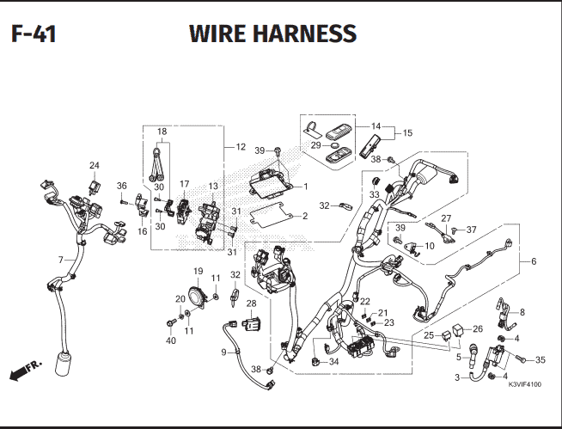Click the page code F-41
(x=34, y=34)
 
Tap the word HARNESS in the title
(x=305, y=34)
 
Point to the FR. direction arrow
(x=26, y=370)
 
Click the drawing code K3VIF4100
(x=525, y=384)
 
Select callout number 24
(x=95, y=165)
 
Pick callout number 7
(x=60, y=260)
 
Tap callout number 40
(x=171, y=340)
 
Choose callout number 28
(x=251, y=303)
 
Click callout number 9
(x=223, y=352)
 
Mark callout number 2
(x=305, y=216)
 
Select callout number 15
(x=407, y=132)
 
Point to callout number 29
(x=315, y=145)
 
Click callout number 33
(x=374, y=194)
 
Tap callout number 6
(x=534, y=261)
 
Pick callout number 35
(x=541, y=359)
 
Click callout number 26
(x=478, y=328)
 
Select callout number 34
(x=333, y=361)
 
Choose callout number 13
(x=213, y=187)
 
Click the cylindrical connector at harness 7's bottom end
(x=63, y=364)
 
